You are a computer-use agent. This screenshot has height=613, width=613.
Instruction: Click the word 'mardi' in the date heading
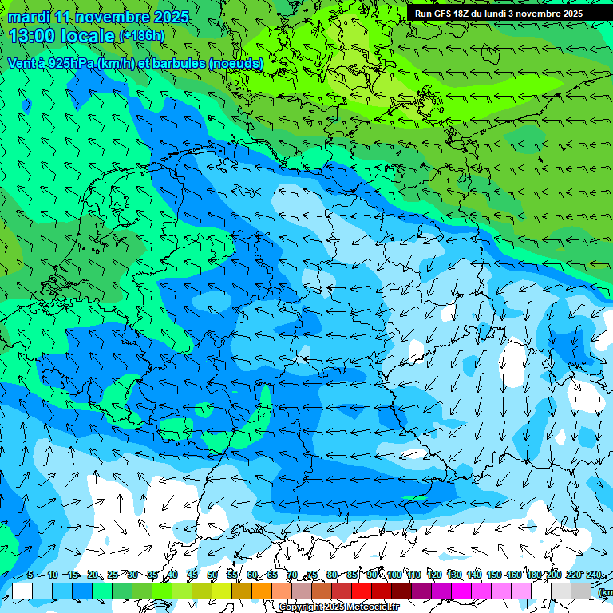pos(29,17)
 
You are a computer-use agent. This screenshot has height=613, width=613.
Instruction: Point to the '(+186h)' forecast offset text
pos(141,36)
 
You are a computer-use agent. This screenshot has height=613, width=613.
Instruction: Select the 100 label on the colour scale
pos(394,575)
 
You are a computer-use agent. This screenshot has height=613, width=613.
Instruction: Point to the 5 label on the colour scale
pos(30,575)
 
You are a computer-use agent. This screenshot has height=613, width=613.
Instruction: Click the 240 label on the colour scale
pos(594,575)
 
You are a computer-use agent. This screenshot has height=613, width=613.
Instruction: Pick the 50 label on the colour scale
pos(212,575)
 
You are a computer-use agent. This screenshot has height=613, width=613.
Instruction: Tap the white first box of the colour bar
pos(22,591)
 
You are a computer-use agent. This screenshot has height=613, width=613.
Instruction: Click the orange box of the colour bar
pos(263,591)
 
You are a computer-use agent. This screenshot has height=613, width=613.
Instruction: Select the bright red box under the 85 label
pos(362,591)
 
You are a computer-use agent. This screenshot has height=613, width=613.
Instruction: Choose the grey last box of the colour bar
pos(582,591)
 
